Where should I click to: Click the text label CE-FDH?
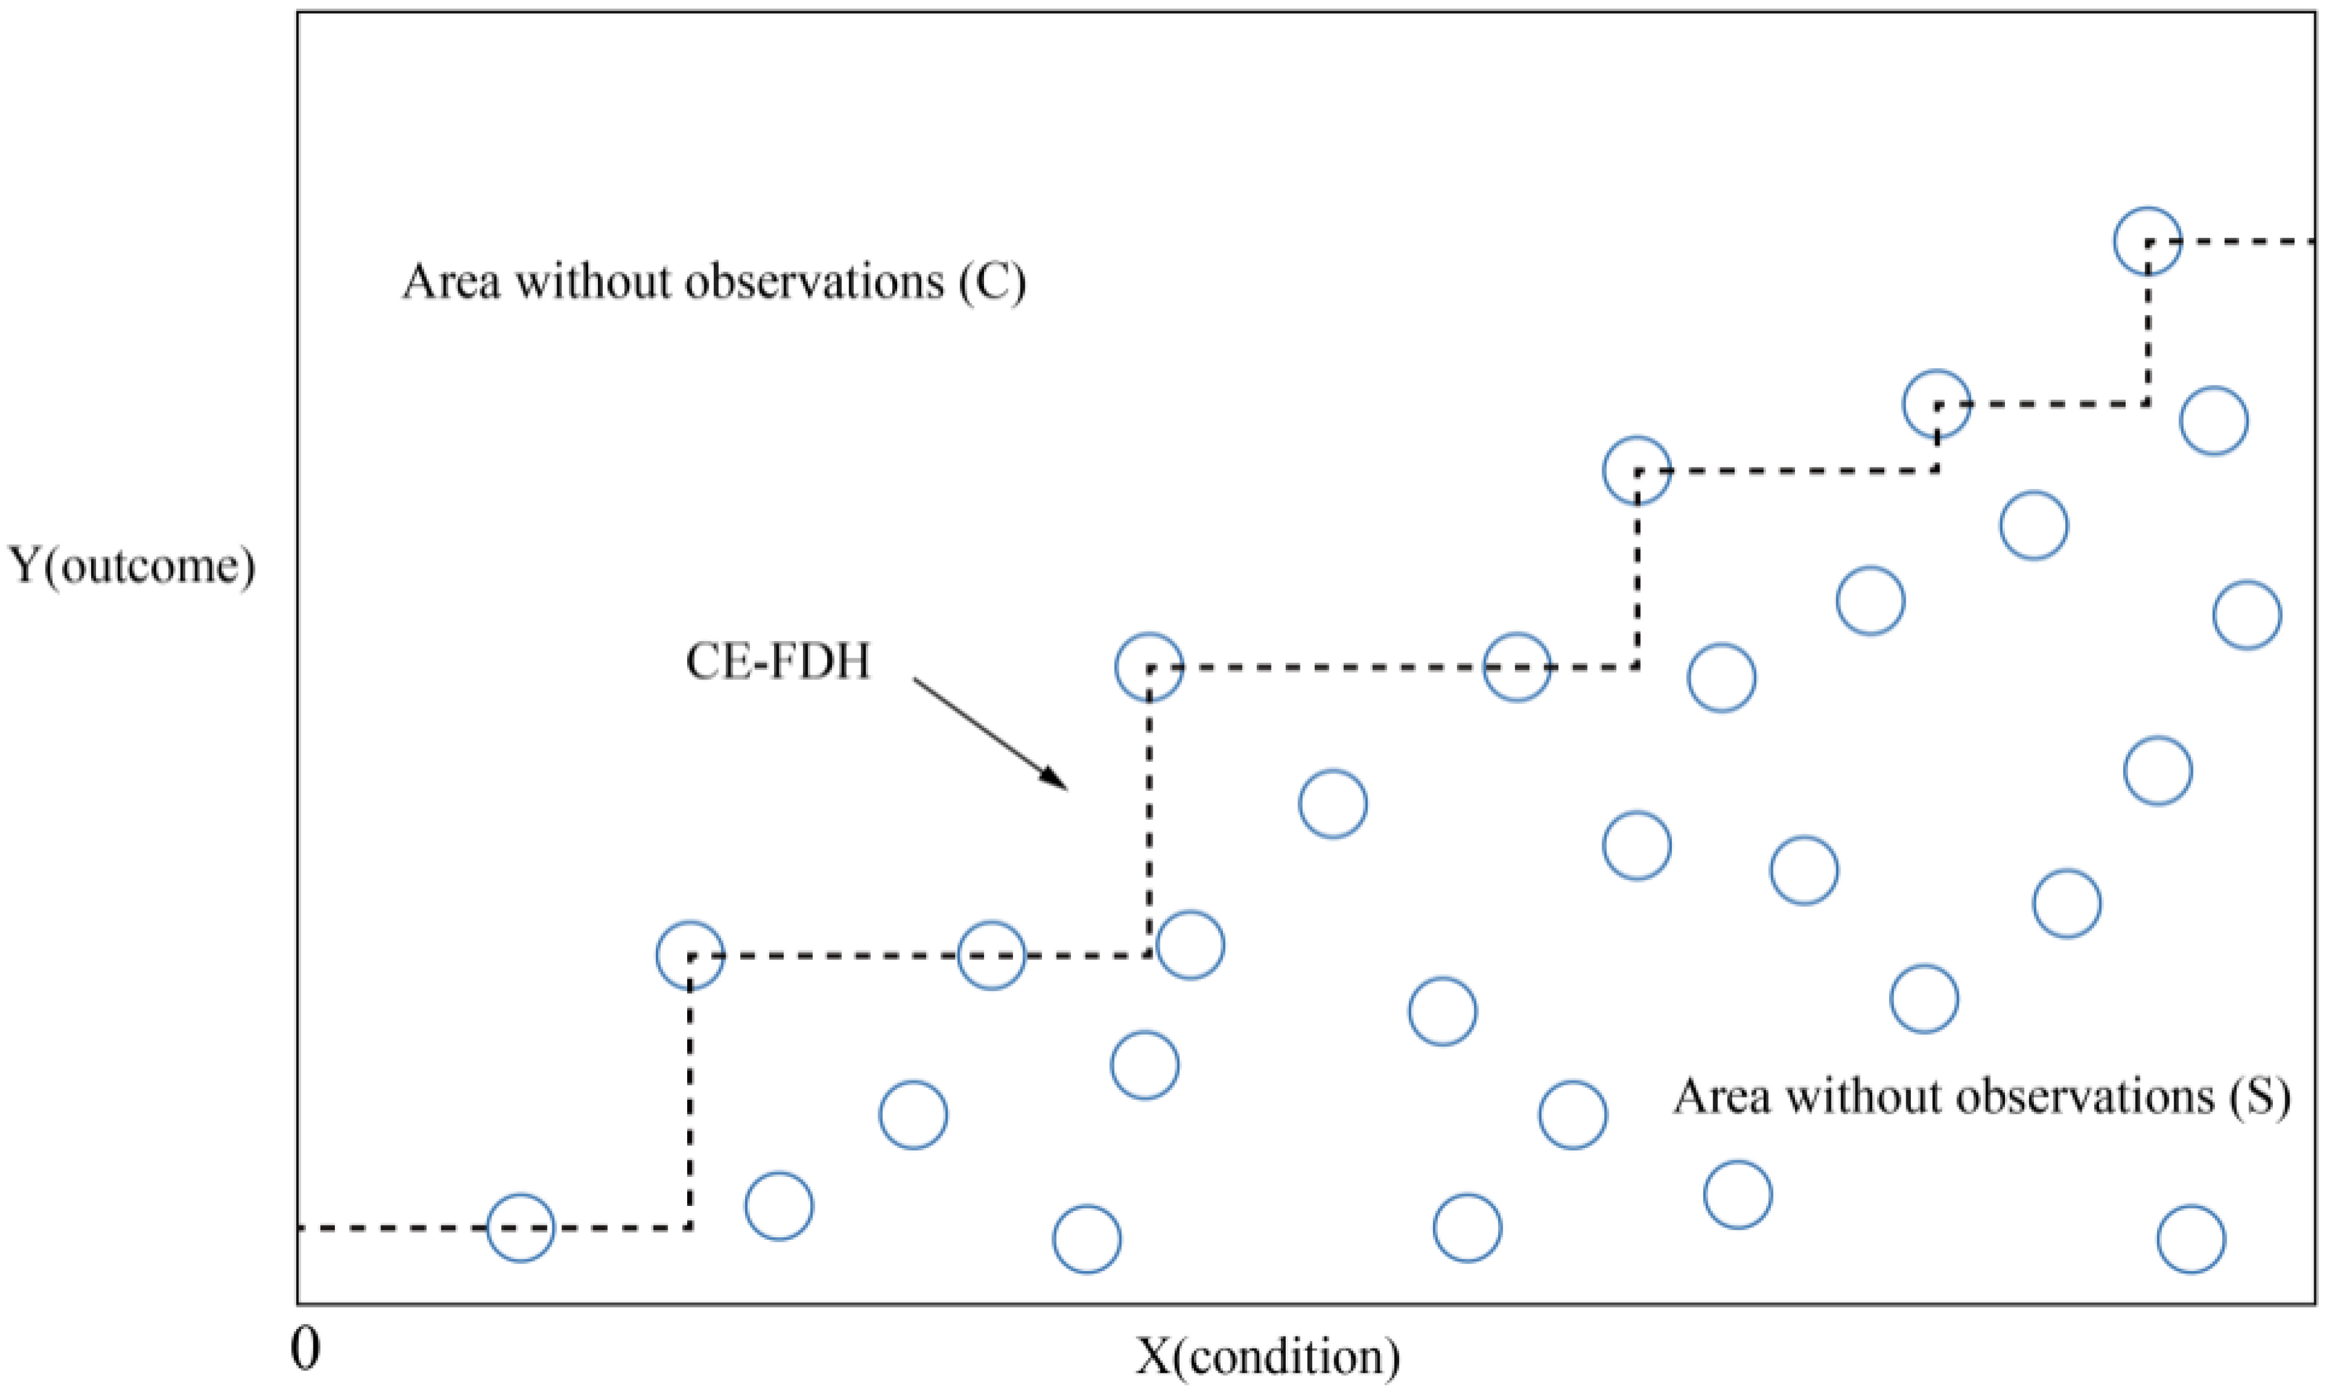[x=777, y=662]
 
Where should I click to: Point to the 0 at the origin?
[x=306, y=1349]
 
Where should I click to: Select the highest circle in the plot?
[x=2147, y=241]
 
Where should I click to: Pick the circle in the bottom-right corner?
[x=2191, y=1239]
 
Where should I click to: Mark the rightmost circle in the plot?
[x=2246, y=615]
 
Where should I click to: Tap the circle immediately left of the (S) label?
[x=1573, y=1115]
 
